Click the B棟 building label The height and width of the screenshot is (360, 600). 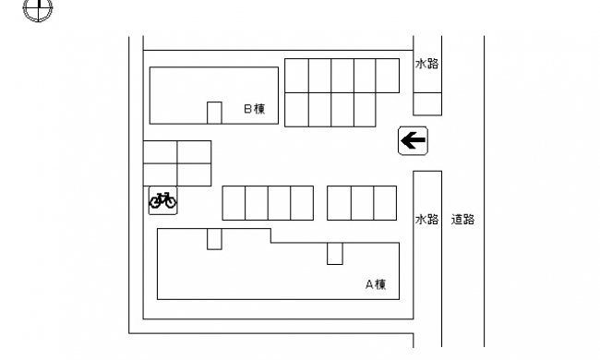click(x=255, y=109)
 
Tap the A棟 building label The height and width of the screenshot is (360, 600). click(x=376, y=284)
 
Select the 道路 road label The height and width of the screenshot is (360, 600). click(x=462, y=219)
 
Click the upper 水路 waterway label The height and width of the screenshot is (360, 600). click(x=426, y=64)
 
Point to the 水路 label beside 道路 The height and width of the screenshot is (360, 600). click(x=426, y=219)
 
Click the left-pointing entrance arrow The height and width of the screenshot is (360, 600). click(x=414, y=140)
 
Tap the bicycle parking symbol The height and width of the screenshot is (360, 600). click(x=162, y=200)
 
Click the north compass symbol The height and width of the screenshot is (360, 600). click(x=38, y=7)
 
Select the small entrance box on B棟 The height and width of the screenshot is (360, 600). click(x=214, y=113)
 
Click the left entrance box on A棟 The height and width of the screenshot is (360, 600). click(x=214, y=239)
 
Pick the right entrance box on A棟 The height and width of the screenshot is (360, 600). click(x=335, y=253)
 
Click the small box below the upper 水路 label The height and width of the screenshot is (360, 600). click(x=427, y=103)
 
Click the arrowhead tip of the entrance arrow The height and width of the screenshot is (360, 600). click(x=401, y=140)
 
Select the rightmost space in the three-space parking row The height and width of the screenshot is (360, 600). click(x=385, y=203)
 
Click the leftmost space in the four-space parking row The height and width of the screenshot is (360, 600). click(x=234, y=203)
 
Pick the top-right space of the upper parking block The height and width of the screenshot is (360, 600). click(x=388, y=76)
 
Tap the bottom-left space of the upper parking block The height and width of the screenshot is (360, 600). click(x=296, y=110)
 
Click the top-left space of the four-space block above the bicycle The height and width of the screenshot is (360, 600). click(x=161, y=152)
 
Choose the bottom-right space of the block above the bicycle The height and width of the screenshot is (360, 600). click(x=195, y=174)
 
